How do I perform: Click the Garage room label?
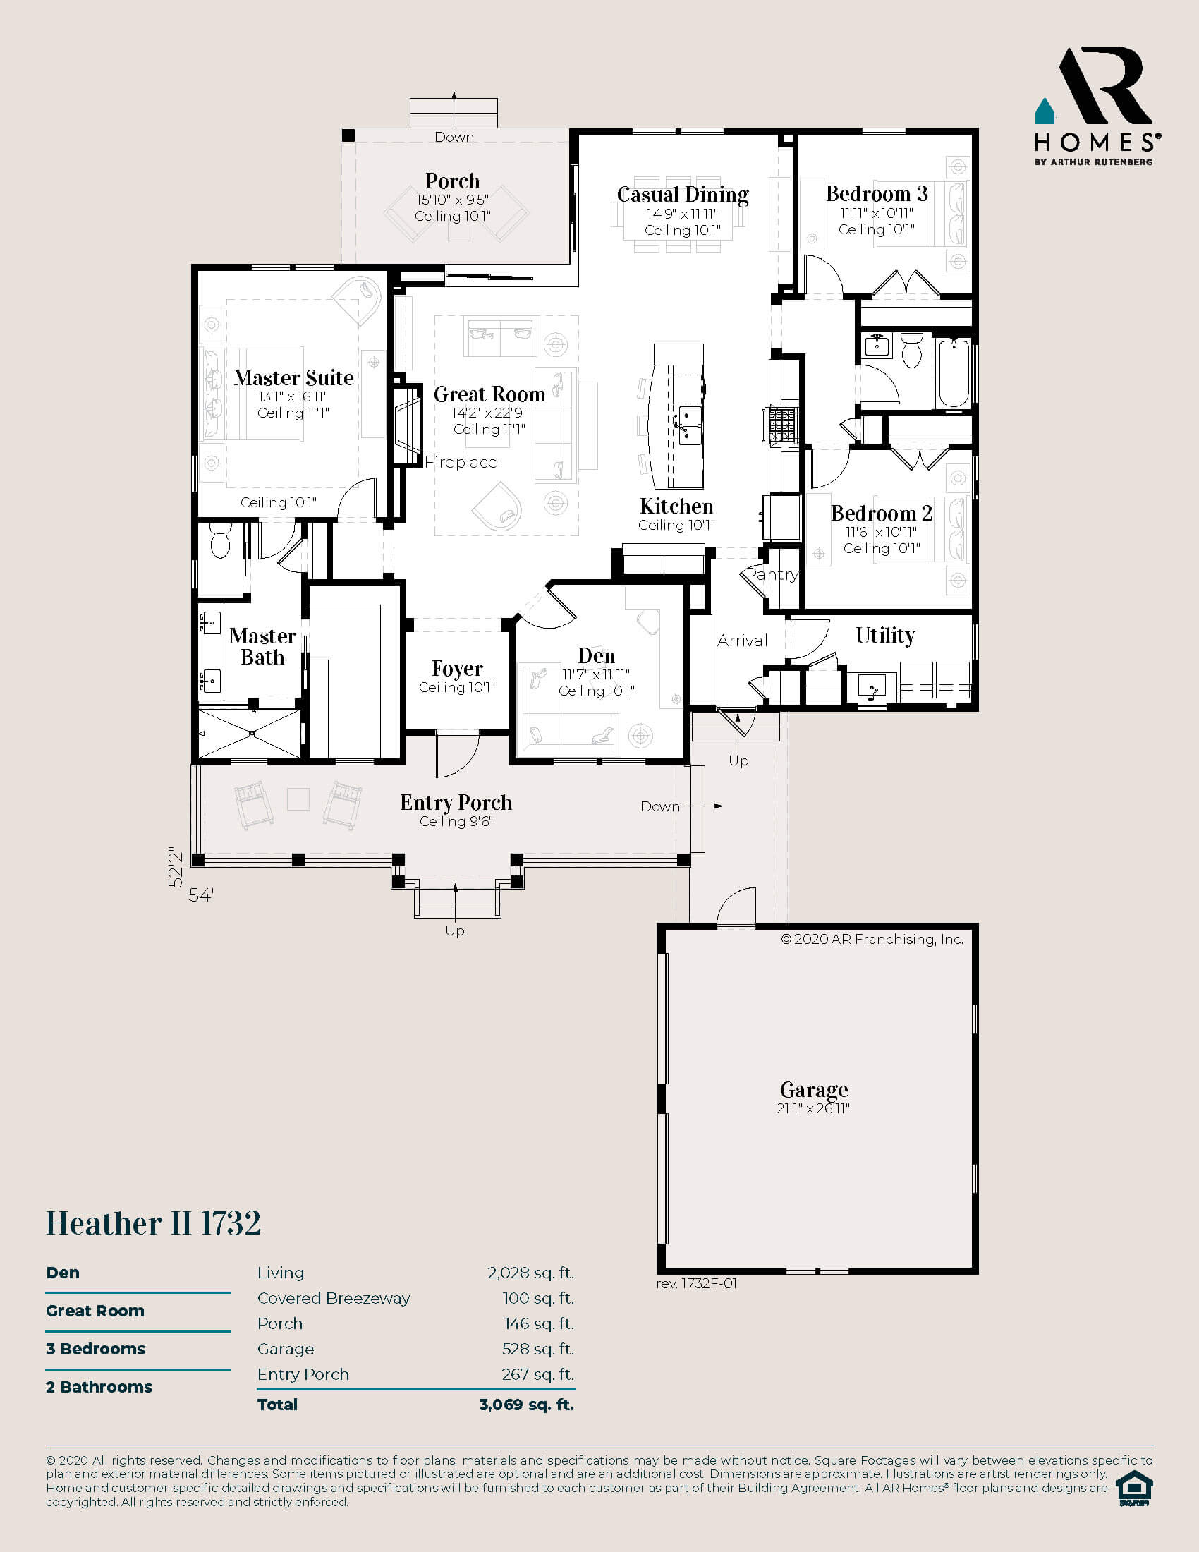[813, 1089]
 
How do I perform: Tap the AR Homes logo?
[1097, 107]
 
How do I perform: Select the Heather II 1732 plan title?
[154, 1224]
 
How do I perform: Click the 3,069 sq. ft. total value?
[525, 1404]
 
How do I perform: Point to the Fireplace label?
[461, 462]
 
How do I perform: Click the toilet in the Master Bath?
[221, 543]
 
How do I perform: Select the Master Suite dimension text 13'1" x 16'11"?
[293, 396]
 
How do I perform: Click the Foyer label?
[457, 669]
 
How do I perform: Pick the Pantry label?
[772, 574]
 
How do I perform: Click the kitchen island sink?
[689, 424]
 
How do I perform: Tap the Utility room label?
[884, 635]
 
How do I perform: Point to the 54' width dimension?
[201, 895]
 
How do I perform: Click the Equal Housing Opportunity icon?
[1133, 1488]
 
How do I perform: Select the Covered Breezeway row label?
[333, 1298]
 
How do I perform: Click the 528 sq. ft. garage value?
[537, 1349]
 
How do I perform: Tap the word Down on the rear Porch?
[454, 137]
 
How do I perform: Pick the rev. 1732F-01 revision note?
[696, 1283]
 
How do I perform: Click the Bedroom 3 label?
[876, 193]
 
